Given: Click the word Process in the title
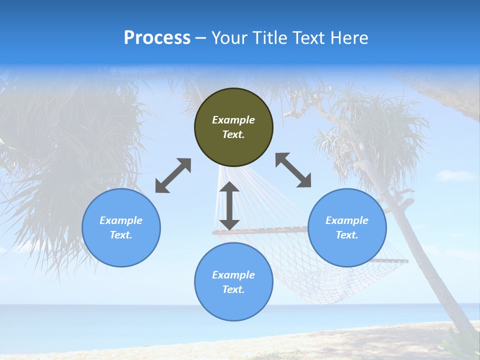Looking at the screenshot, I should [x=157, y=38].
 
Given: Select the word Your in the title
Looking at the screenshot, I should [x=228, y=38].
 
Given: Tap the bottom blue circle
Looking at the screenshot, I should [x=233, y=305].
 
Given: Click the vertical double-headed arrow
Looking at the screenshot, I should [x=229, y=206].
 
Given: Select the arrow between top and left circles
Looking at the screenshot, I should [x=173, y=175].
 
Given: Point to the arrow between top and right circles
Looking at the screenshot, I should [x=293, y=170].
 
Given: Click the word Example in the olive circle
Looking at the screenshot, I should [x=233, y=120].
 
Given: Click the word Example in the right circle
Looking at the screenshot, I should [x=347, y=220].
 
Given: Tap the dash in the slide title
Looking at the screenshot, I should [x=201, y=38].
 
